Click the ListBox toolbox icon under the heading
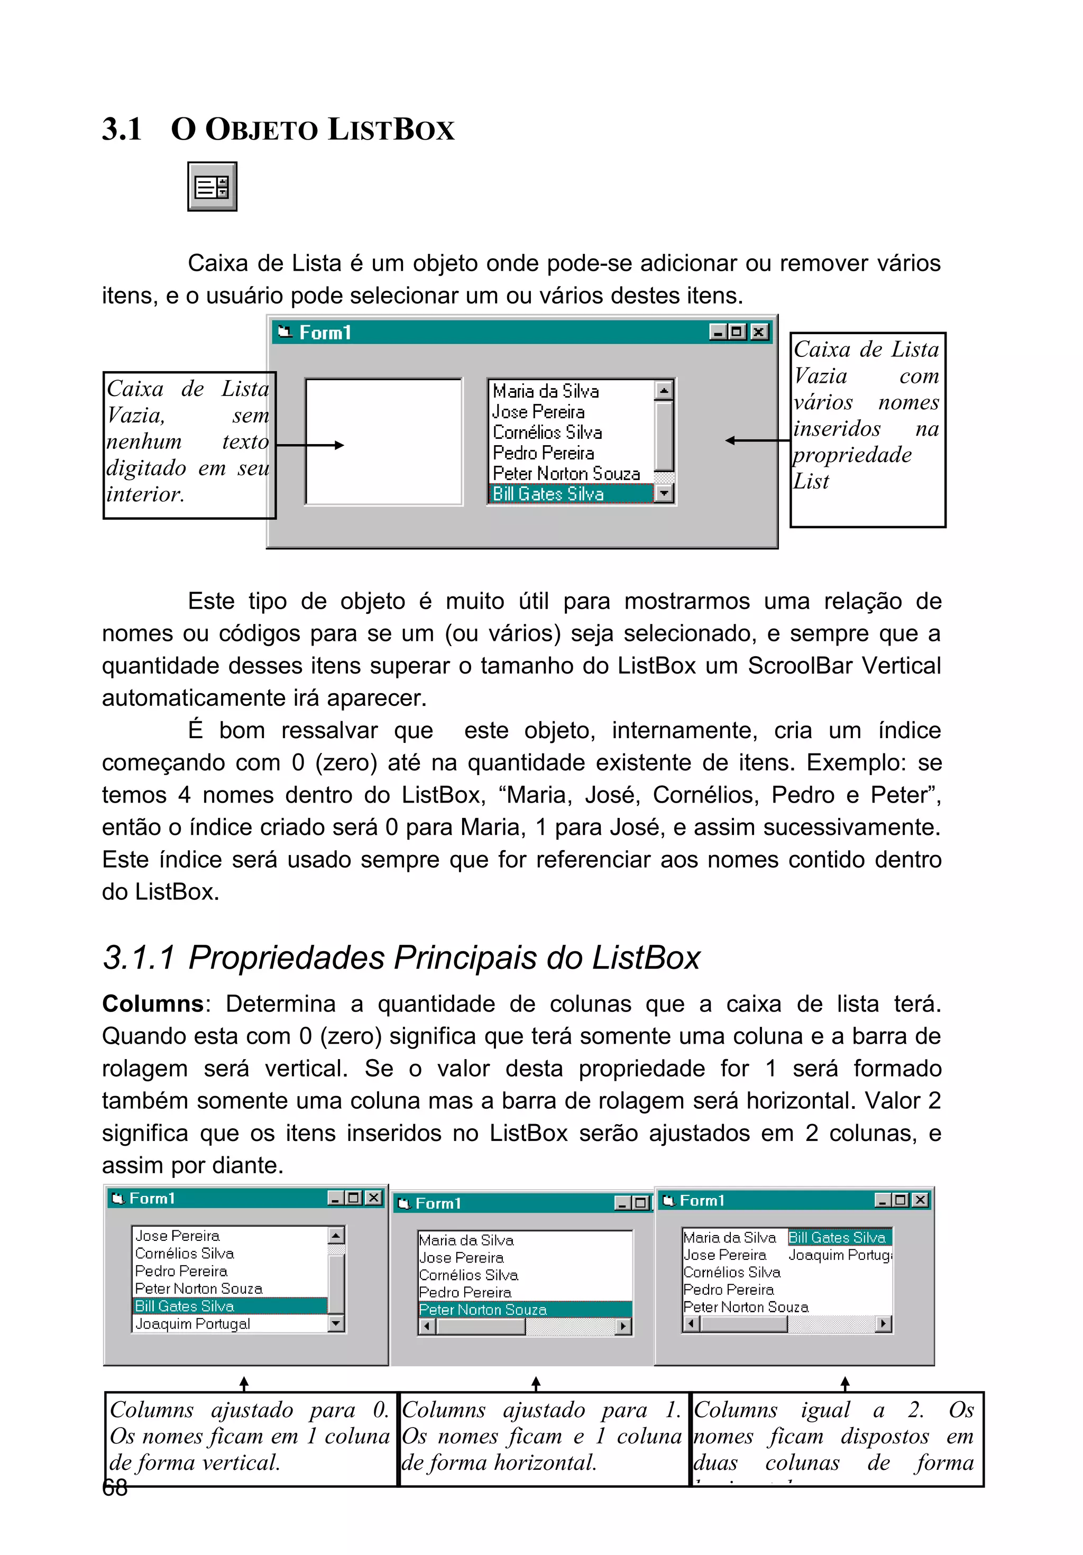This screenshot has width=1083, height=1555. tap(212, 187)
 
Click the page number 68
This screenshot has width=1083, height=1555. tap(114, 1488)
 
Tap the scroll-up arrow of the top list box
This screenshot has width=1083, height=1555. tap(664, 390)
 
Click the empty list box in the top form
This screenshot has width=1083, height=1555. tap(383, 441)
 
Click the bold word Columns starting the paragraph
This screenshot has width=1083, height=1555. tap(152, 1004)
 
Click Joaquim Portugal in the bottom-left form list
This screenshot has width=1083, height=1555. tap(192, 1323)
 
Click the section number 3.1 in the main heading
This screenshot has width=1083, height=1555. tap(122, 128)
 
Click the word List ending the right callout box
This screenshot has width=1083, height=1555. tap(811, 482)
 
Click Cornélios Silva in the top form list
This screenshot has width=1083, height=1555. tap(547, 432)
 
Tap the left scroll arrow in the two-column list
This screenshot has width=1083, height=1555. tap(690, 1323)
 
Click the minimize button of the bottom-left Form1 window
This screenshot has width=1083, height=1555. tap(336, 1198)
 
